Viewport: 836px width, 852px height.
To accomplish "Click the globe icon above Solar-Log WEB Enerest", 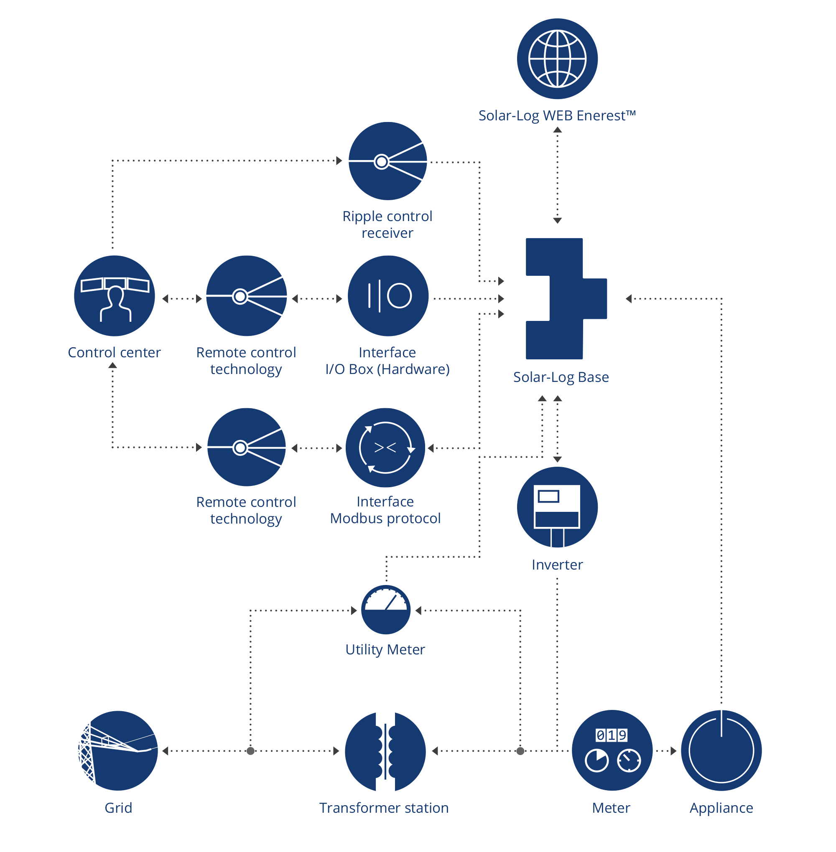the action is [557, 59].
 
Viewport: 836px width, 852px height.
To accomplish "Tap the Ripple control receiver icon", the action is [388, 161].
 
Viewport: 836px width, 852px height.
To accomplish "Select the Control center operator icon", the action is [115, 296].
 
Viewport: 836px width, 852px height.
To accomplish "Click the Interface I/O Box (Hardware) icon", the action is [388, 296].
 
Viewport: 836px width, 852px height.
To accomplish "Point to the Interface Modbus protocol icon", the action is [385, 448].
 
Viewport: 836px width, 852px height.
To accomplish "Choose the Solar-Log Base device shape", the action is [566, 298].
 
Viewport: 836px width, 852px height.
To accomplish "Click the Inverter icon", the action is [557, 507].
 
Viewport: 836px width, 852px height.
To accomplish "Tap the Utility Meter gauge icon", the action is [386, 610].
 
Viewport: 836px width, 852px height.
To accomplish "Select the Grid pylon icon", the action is [118, 751].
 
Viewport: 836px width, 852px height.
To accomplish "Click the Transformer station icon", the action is [385, 751].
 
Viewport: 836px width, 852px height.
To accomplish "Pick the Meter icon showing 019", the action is [612, 750].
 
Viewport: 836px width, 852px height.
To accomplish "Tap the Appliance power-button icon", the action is [721, 750].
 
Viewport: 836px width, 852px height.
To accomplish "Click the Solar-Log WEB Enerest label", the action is [557, 115].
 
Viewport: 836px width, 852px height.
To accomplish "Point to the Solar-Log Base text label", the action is [561, 377].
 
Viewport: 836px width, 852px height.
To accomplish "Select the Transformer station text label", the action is [384, 808].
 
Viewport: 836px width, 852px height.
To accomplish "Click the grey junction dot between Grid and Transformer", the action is [251, 751].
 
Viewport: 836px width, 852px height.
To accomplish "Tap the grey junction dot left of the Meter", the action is [520, 751].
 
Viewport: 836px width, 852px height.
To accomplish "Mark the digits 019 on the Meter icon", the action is [612, 735].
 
